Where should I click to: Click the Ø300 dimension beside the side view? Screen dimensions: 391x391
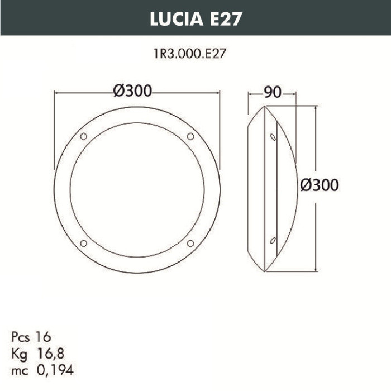coord(319,185)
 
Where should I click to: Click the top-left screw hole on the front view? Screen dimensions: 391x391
coord(84,136)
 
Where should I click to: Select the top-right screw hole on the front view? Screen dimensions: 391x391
coord(190,136)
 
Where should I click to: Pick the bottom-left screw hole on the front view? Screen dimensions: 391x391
coord(84,243)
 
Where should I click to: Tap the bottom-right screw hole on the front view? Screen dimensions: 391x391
coord(190,243)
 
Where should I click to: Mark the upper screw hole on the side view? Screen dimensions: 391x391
coord(273,137)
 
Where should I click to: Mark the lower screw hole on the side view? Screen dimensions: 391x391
coord(273,240)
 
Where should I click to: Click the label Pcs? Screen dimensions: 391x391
coord(21,337)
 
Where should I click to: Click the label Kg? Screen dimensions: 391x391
coord(19,353)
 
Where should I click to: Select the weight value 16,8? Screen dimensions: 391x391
coord(49,353)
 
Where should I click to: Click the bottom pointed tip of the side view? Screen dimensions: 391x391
coord(268,272)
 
